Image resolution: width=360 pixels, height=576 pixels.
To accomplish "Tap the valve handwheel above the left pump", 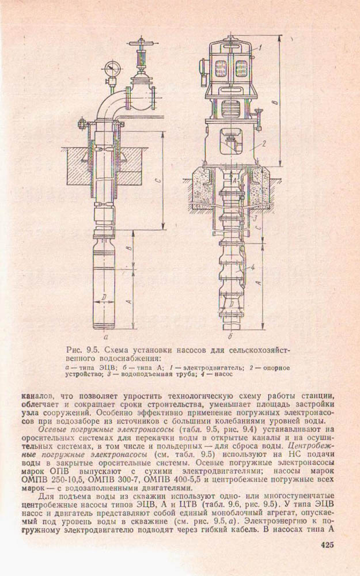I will (138, 44).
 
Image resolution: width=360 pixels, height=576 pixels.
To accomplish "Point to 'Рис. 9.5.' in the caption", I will (84, 350).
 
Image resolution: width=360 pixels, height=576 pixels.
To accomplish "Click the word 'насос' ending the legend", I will (219, 374).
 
